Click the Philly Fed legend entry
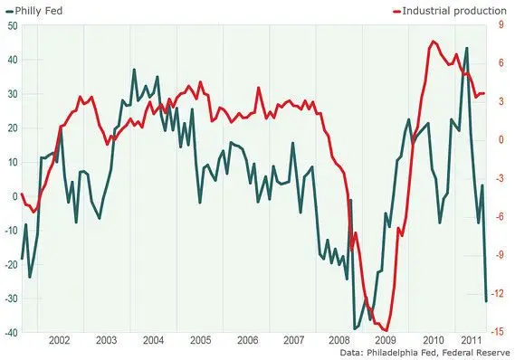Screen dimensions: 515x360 coord(34,11)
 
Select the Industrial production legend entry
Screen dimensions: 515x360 coord(450,11)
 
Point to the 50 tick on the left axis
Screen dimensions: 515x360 coord(12,25)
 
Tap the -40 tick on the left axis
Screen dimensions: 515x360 coord(11,333)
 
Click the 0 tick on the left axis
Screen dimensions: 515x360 coord(14,196)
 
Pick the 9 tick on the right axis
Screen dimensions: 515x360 coord(501,24)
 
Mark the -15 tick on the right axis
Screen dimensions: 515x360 coord(498,331)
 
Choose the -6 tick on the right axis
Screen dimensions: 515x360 coord(500,216)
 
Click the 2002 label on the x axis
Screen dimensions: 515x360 coord(59,340)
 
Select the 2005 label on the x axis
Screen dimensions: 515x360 coord(200,340)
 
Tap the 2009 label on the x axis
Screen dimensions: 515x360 coord(386,340)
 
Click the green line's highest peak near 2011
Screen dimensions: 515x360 coord(467,48)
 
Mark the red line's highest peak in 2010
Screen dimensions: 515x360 coord(433,41)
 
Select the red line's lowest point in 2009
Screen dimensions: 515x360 coord(386,330)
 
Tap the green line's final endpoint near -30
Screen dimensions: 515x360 coord(486,300)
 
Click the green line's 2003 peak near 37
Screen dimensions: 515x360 coord(134,70)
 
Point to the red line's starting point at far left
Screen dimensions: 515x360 coord(22,194)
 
